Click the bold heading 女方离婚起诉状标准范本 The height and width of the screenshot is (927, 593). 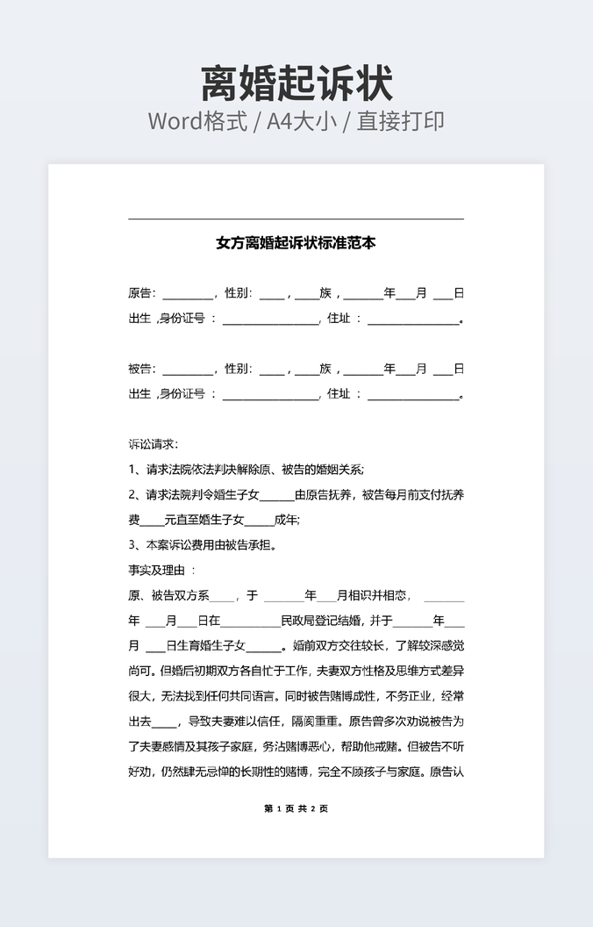coord(296,243)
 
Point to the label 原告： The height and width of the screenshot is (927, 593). coord(142,293)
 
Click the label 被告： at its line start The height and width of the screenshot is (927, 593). coord(142,369)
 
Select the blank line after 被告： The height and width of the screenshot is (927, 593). coord(188,372)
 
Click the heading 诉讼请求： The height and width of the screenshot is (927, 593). coord(153,444)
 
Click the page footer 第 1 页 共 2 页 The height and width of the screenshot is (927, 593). coord(296,808)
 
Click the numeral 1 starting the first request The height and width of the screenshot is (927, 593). coord(132,470)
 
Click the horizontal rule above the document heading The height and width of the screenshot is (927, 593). coord(296,219)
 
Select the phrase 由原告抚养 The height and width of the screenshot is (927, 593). coord(324,495)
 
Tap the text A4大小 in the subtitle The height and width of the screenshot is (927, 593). coord(302,121)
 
